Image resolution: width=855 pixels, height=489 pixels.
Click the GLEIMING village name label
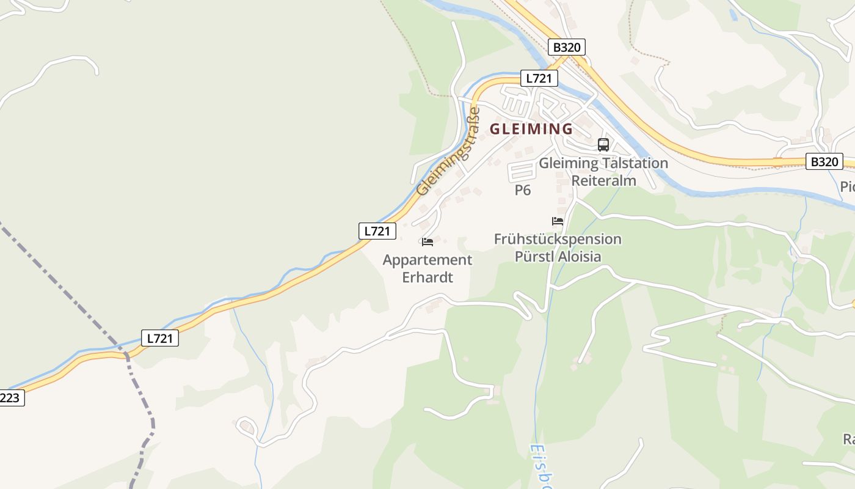531,129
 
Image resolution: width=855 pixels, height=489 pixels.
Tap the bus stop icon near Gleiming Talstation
603,144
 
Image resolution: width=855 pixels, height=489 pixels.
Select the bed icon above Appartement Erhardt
428,242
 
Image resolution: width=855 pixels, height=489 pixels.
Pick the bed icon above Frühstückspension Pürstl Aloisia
558,221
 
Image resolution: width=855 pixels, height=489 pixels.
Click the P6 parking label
522,190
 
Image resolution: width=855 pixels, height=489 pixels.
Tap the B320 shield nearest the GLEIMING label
567,47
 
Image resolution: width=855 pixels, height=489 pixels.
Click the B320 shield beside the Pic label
824,162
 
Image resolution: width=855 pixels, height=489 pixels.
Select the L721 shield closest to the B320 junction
539,78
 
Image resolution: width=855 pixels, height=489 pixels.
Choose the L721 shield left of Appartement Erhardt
377,231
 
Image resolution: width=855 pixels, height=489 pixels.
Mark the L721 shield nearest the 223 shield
160,338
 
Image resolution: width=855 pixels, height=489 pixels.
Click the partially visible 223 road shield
10,399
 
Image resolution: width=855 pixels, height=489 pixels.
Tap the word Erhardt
428,277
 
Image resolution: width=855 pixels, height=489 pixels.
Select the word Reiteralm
603,180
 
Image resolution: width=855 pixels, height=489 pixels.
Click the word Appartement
428,260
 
